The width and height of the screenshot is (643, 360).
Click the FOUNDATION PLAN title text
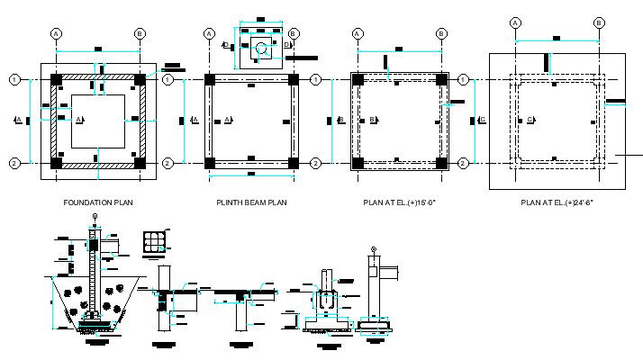(x=98, y=202)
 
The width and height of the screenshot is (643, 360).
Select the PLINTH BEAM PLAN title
(x=251, y=202)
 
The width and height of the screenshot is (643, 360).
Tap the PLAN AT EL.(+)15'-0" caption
(x=400, y=202)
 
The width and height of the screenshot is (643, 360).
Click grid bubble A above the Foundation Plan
(x=56, y=33)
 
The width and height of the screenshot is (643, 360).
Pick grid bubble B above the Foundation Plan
(x=140, y=33)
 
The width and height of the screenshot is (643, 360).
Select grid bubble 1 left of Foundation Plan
(x=14, y=79)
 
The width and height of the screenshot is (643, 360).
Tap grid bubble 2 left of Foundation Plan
(x=14, y=163)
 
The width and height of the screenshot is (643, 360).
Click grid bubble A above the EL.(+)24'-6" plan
(x=515, y=22)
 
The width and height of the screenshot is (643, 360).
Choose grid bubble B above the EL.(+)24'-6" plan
(x=599, y=22)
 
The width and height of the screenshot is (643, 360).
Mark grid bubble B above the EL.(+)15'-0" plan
(x=441, y=33)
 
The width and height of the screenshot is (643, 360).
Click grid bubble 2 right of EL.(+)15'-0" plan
(x=464, y=163)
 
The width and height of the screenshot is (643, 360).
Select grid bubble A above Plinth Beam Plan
(x=209, y=33)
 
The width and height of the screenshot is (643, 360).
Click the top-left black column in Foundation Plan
(x=57, y=80)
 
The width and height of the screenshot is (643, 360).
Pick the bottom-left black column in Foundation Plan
(x=57, y=163)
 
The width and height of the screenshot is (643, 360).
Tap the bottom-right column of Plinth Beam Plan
(x=293, y=163)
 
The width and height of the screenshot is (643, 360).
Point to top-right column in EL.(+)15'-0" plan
(x=441, y=80)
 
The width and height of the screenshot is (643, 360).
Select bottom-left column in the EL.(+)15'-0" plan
(x=358, y=163)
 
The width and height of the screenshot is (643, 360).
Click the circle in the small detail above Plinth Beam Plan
(x=260, y=47)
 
